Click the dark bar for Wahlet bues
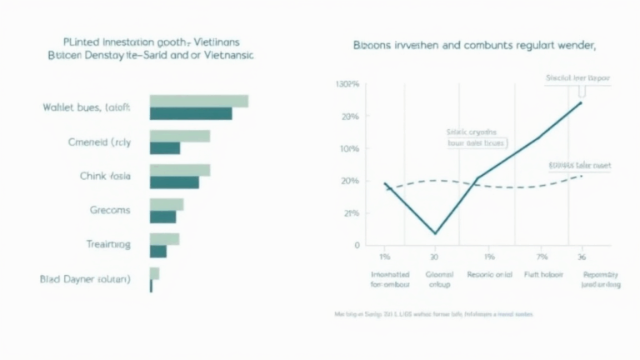tap(191, 113)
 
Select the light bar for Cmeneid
tap(179, 136)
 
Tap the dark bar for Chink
tap(174, 182)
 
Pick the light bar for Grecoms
tap(166, 204)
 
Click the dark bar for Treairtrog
tap(158, 251)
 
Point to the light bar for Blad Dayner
tap(154, 273)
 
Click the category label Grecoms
tap(110, 210)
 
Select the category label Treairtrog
tap(108, 245)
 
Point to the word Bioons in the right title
tap(372, 47)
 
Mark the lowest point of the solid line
tap(435, 233)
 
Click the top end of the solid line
tap(582, 102)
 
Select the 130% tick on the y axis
tap(347, 85)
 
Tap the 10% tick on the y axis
tap(349, 148)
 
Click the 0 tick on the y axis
tap(357, 245)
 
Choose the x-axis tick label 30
tap(434, 256)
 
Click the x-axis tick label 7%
tap(542, 256)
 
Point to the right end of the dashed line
tap(582, 176)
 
